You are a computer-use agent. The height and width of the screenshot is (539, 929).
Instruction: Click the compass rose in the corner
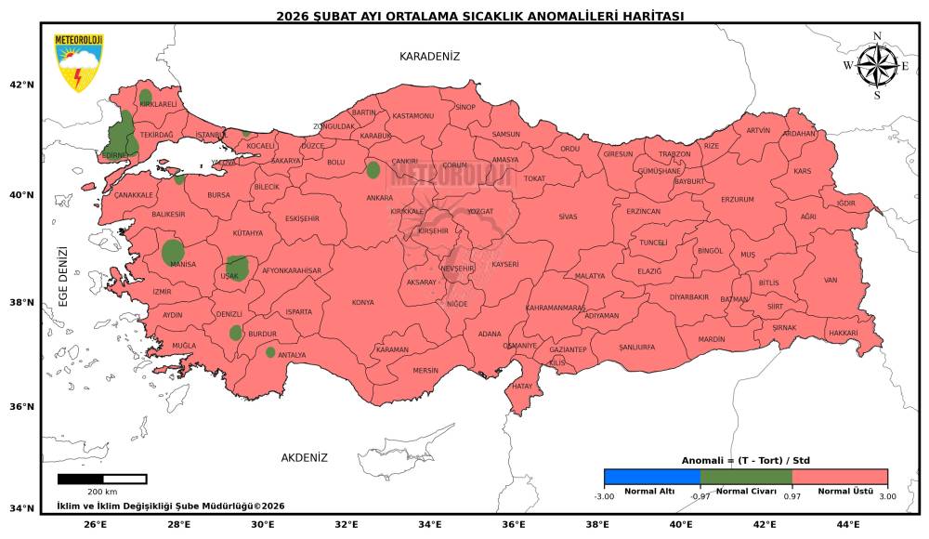(x=877, y=65)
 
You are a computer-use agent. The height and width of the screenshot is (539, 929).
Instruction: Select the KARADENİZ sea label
(x=429, y=57)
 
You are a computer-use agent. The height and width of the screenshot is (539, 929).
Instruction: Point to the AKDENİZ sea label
(x=305, y=458)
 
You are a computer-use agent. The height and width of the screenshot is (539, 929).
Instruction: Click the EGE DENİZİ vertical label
(x=64, y=277)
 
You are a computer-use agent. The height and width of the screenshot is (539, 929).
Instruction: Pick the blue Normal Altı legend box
(x=651, y=477)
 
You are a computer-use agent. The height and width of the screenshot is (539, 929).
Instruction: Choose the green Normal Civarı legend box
(x=746, y=477)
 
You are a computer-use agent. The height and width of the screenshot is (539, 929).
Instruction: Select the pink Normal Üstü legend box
(x=840, y=477)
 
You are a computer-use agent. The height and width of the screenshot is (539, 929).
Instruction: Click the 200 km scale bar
(x=102, y=479)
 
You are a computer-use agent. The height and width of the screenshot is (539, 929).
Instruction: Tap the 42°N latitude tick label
(x=21, y=85)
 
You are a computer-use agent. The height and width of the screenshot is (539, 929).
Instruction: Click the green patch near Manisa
(x=173, y=252)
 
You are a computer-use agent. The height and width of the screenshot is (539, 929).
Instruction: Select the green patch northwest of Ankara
(x=373, y=169)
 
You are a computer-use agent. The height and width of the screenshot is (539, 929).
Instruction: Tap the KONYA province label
(x=362, y=303)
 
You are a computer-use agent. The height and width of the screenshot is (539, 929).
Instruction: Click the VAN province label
(x=831, y=281)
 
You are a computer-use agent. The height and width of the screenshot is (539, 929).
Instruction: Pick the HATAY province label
(x=522, y=386)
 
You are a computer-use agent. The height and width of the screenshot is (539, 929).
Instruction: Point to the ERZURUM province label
(x=738, y=200)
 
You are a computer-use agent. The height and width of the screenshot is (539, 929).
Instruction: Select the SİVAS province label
(x=568, y=217)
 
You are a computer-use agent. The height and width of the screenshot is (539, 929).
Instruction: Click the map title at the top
(x=480, y=16)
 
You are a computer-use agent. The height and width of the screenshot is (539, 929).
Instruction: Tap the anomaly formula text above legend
(x=745, y=461)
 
